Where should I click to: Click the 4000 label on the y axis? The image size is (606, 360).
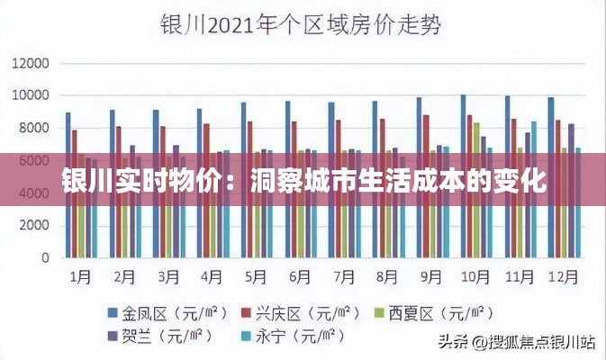tap(32, 193)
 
